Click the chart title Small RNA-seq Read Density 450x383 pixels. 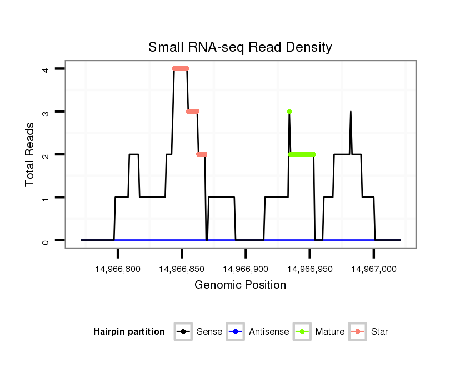pyautogui.click(x=240, y=47)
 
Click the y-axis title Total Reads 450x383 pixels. pyautogui.click(x=31, y=154)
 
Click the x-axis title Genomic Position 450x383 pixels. pyautogui.click(x=240, y=285)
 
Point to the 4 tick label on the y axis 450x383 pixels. pyautogui.click(x=46, y=69)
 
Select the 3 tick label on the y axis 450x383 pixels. pyautogui.click(x=46, y=112)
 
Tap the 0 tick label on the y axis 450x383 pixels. pyautogui.click(x=46, y=240)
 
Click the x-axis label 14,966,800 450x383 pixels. pyautogui.click(x=118, y=269)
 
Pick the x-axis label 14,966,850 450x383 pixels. pyautogui.click(x=182, y=269)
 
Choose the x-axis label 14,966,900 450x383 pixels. pyautogui.click(x=246, y=269)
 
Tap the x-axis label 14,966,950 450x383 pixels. pyautogui.click(x=309, y=269)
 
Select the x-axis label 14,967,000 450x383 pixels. pyautogui.click(x=373, y=269)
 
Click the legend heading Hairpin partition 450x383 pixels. pyautogui.click(x=129, y=332)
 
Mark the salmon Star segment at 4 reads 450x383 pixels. pyautogui.click(x=181, y=69)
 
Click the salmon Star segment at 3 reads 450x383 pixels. pyautogui.click(x=193, y=112)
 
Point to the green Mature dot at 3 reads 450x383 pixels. pyautogui.click(x=289, y=112)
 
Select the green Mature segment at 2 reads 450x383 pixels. pyautogui.click(x=302, y=154)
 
